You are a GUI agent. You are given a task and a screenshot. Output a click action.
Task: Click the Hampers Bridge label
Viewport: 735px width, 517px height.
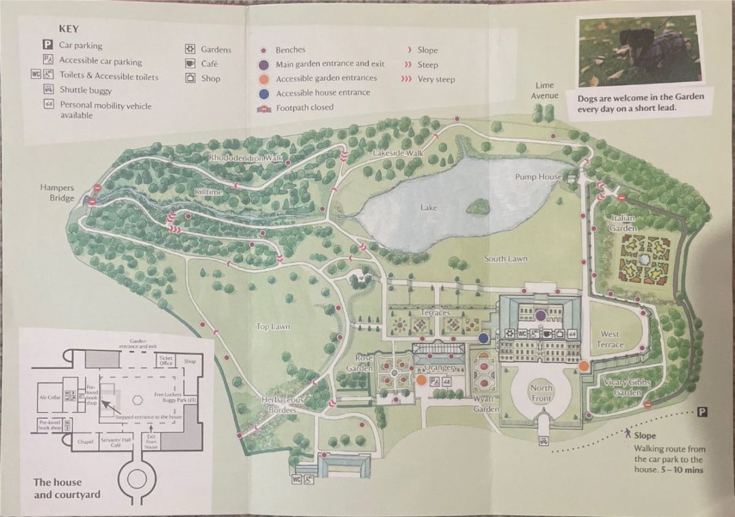(57, 193)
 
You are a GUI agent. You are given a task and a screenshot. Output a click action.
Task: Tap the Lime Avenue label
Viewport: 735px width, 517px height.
(544, 90)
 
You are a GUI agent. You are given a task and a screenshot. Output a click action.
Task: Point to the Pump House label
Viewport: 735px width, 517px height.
(538, 177)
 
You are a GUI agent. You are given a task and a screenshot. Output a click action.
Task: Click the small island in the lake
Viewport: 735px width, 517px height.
(480, 205)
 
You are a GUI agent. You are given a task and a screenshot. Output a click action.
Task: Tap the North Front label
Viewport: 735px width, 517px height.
(542, 393)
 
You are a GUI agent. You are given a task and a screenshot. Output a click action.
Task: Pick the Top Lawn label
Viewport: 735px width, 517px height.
(272, 327)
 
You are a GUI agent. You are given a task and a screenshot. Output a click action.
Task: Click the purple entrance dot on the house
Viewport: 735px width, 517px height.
(540, 316)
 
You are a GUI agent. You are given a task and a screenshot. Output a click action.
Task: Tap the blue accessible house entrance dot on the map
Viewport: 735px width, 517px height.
(483, 338)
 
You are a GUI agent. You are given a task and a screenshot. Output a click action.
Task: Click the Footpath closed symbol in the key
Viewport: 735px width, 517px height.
(263, 108)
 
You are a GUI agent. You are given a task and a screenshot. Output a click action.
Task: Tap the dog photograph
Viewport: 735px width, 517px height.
(639, 52)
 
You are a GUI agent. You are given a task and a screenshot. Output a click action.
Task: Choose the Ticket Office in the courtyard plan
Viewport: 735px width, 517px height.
(165, 360)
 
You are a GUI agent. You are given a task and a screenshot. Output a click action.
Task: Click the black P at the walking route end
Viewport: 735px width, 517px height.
(702, 412)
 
